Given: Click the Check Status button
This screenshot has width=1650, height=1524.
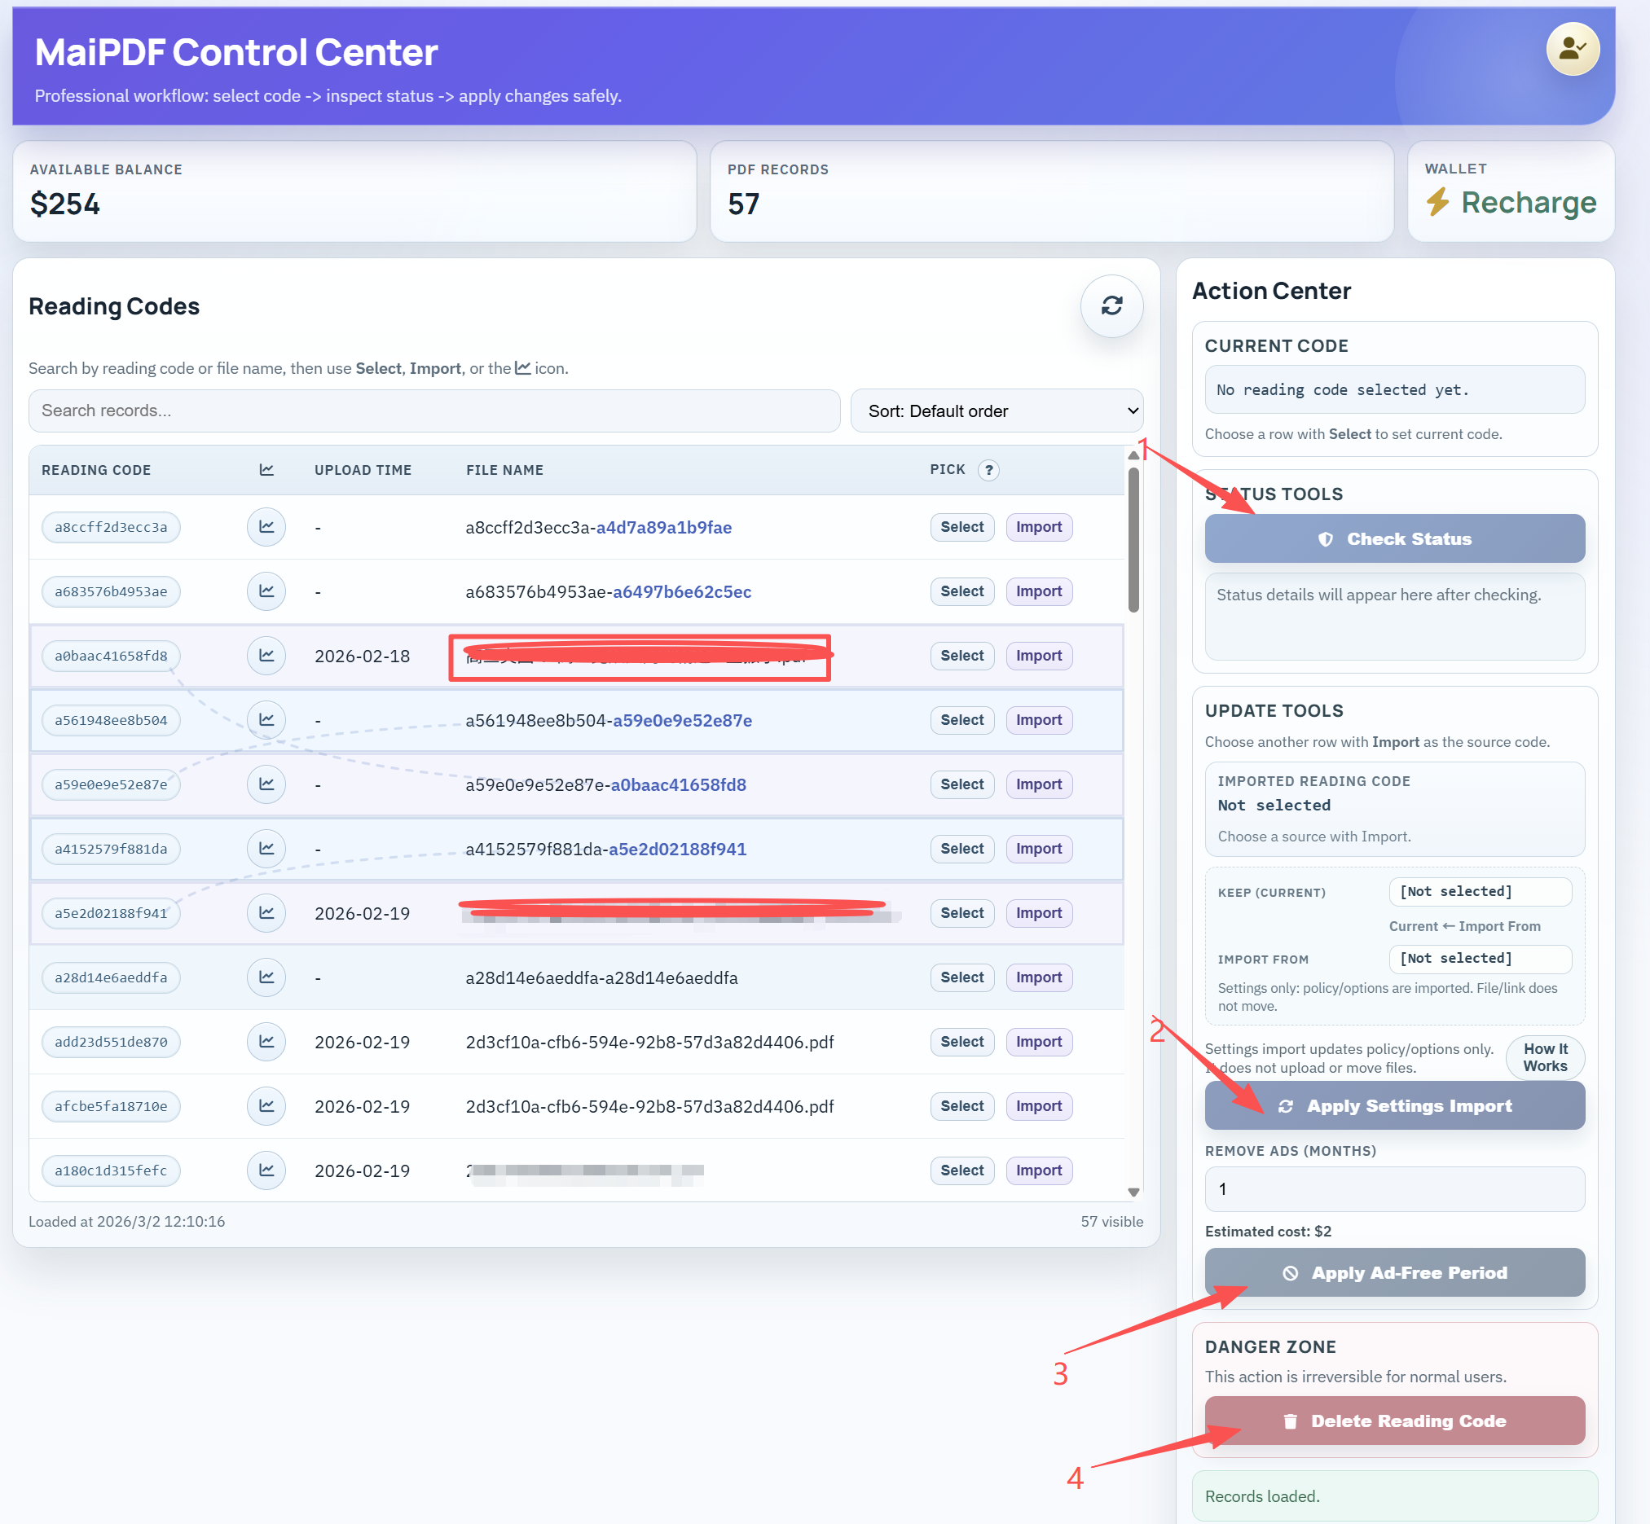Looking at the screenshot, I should point(1394,538).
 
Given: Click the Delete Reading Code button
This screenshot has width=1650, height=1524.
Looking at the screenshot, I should point(1394,1421).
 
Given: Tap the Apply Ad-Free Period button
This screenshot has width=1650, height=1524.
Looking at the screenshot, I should point(1394,1272).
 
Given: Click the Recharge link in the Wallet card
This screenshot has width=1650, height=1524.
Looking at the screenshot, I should point(1527,202).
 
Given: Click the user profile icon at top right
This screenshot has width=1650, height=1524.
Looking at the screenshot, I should point(1572,50).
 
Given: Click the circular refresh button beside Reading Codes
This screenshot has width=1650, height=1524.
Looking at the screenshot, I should point(1111,306).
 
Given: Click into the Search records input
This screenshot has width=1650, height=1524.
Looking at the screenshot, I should point(434,411).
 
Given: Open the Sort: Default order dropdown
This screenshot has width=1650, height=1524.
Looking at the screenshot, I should point(996,411).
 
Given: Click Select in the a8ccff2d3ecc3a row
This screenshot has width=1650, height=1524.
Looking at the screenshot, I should point(961,527).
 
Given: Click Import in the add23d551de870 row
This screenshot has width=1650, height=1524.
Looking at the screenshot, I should point(1038,1042).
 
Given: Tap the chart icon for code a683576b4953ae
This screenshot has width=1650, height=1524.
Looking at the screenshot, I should point(266,591).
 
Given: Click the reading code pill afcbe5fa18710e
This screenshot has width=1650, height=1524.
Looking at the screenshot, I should point(111,1106).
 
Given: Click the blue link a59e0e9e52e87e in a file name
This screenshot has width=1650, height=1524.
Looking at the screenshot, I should point(681,720).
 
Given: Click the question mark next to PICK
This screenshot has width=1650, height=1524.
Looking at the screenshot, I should point(988,470).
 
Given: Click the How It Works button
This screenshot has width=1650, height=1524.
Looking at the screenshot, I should point(1544,1057).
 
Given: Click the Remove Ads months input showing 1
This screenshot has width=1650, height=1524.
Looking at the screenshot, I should point(1394,1188).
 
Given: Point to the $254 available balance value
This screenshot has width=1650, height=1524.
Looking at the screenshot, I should point(65,204).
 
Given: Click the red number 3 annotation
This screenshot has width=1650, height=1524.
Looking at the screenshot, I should point(1060,1374).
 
